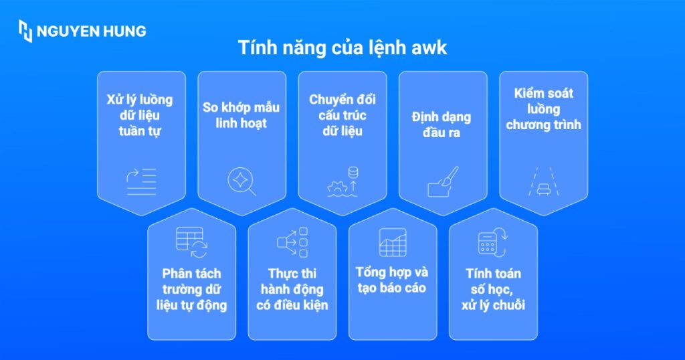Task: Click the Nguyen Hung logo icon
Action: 25,31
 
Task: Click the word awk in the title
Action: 433,49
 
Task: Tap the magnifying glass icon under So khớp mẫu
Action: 241,181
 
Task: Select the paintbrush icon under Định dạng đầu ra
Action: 443,181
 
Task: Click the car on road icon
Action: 543,181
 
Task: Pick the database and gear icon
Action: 342,181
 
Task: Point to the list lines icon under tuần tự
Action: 141,181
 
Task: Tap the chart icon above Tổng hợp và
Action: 392,242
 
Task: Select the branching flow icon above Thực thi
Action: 292,242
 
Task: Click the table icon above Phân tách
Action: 191,242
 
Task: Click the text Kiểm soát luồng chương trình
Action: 543,108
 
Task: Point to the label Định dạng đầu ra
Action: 442,124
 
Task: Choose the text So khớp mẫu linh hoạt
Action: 241,114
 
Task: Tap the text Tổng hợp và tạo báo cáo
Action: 392,280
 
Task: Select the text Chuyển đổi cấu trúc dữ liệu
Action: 342,115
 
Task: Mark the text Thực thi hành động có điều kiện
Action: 292,289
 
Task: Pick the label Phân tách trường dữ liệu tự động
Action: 191,289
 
